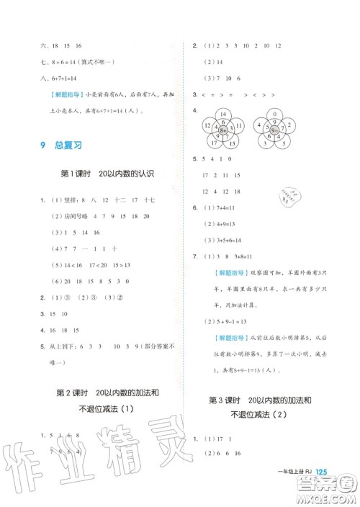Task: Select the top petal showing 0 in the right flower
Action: pyautogui.click(x=274, y=115)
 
